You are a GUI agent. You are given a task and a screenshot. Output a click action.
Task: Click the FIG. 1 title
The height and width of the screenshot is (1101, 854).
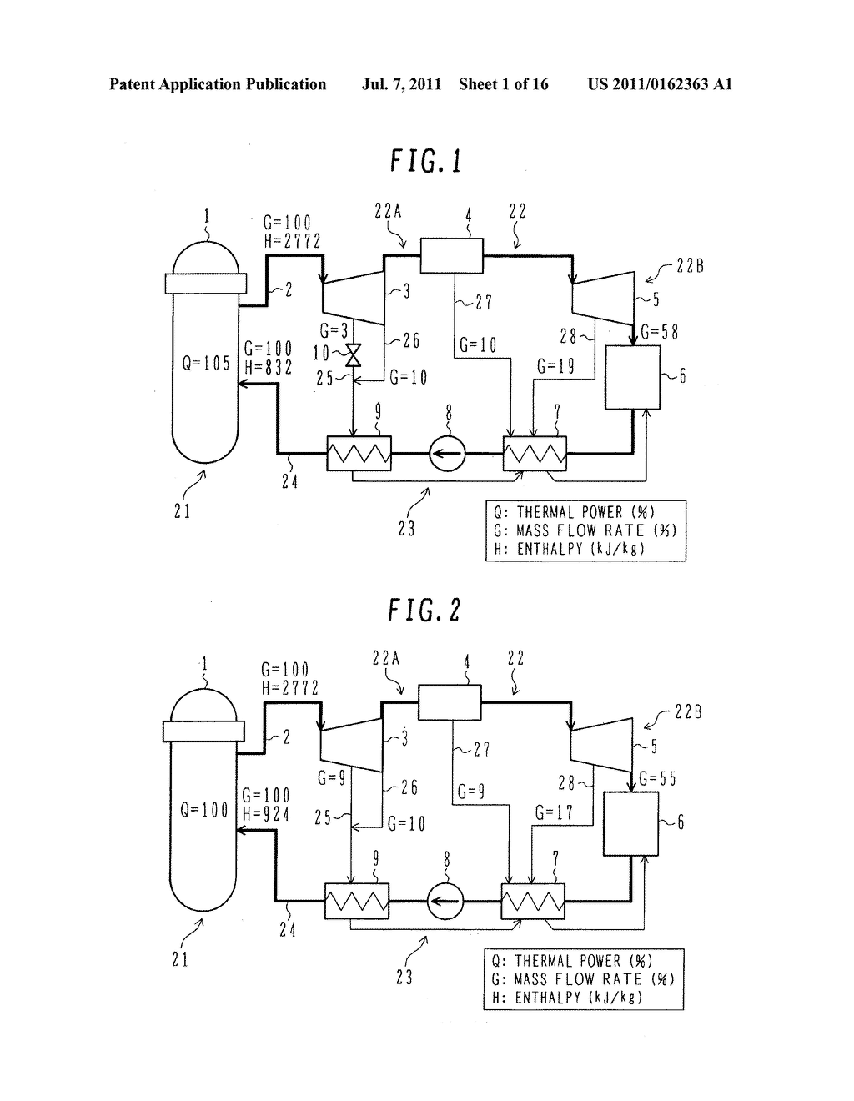[425, 161]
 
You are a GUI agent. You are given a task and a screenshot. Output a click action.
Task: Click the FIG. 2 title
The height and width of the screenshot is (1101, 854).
[424, 610]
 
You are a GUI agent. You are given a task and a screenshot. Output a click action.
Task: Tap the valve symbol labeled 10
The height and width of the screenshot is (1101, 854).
[353, 356]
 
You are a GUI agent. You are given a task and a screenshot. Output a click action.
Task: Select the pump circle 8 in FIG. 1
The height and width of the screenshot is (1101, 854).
[447, 455]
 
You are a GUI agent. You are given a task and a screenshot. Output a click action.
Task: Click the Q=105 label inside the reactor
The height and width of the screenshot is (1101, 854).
[204, 363]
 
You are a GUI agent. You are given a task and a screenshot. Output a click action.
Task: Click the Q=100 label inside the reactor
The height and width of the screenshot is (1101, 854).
[203, 810]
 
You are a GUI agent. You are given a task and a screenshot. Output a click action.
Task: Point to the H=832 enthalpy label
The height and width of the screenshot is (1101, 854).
[268, 367]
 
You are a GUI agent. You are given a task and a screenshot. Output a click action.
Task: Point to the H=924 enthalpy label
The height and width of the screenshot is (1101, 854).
[265, 814]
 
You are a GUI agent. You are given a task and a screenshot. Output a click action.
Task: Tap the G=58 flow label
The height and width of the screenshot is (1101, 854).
[658, 332]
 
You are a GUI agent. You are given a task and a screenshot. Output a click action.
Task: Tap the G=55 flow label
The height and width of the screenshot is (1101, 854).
[656, 779]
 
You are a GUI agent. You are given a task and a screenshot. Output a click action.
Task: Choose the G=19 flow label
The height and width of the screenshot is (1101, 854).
[555, 364]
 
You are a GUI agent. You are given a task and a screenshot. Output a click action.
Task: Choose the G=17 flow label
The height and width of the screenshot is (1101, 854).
[554, 812]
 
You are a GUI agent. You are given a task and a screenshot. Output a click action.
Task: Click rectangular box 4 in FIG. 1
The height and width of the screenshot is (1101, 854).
[451, 255]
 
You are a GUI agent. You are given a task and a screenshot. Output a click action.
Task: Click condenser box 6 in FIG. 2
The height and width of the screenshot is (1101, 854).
[630, 824]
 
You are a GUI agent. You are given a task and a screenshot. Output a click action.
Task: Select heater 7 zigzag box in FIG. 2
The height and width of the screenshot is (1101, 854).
[532, 902]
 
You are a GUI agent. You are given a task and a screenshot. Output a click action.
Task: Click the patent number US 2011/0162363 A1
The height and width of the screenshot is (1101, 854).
[659, 84]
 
